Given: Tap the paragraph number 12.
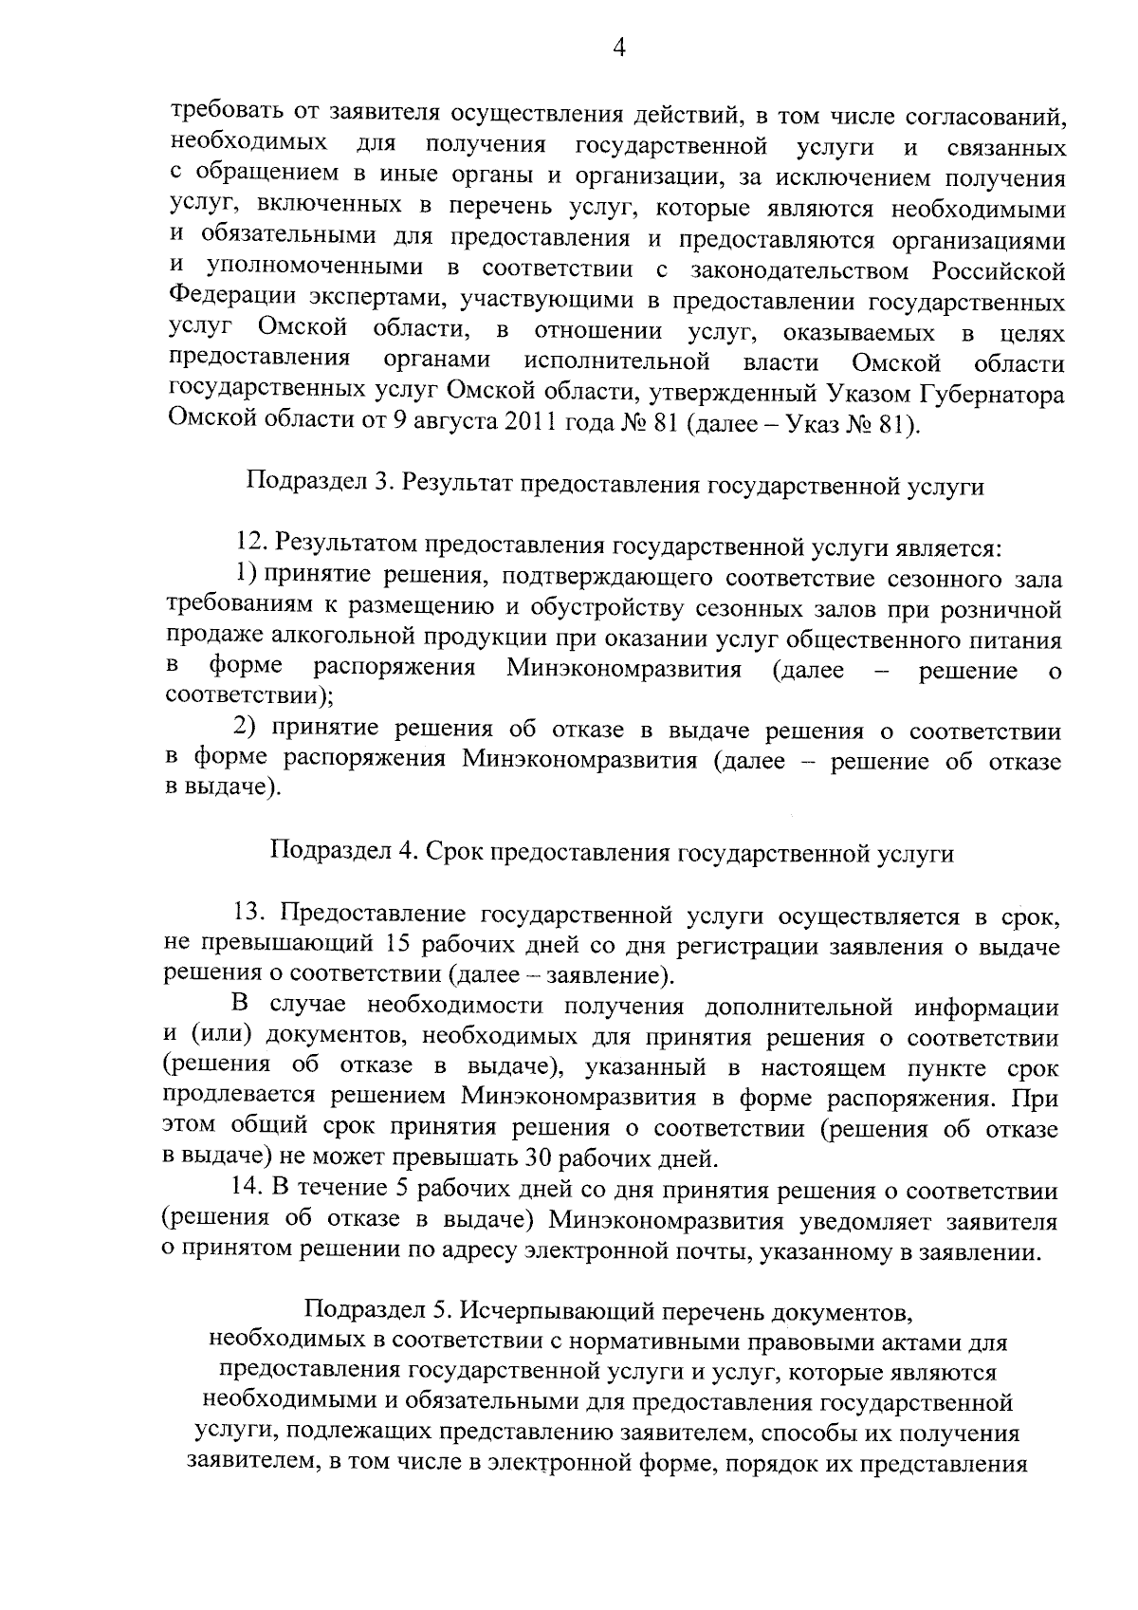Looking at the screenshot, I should tap(253, 547).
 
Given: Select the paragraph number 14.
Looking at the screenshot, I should tap(248, 1189).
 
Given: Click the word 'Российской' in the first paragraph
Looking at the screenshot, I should tap(998, 271).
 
